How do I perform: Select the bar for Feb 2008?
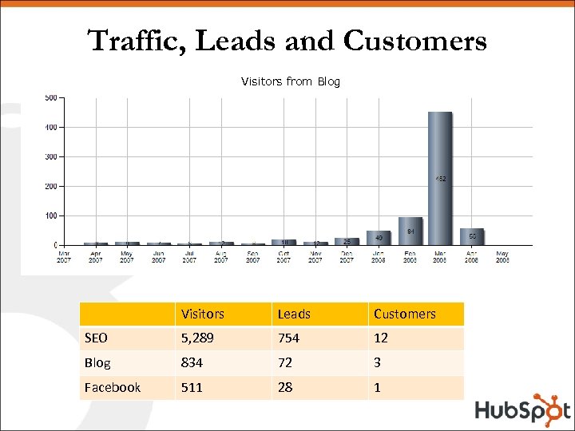tap(410, 231)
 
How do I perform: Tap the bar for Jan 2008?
tap(379, 237)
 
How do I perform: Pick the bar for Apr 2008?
tap(472, 236)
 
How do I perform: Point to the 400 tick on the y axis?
tap(50, 127)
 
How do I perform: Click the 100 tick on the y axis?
tap(50, 215)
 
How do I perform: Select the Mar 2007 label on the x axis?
tap(65, 256)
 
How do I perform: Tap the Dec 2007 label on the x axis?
tap(347, 256)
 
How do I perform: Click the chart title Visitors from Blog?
tap(290, 81)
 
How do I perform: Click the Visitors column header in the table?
tap(202, 314)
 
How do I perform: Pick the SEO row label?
tap(96, 338)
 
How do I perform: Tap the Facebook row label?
tap(112, 387)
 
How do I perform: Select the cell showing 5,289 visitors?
tap(197, 338)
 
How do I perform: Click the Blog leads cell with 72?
tap(285, 362)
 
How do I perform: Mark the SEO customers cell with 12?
tap(381, 338)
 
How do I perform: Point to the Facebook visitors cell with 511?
tap(192, 387)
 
